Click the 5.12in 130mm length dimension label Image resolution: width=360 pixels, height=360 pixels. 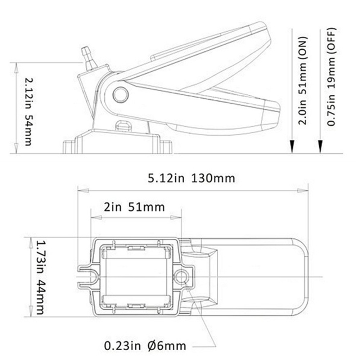click(x=191, y=178)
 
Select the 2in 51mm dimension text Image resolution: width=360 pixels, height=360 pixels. click(x=134, y=207)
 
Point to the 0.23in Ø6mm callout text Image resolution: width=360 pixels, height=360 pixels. click(x=145, y=346)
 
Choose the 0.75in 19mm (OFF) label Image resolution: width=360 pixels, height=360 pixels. click(x=332, y=77)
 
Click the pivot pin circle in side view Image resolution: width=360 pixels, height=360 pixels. click(x=121, y=95)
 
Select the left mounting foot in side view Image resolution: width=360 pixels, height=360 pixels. click(x=69, y=147)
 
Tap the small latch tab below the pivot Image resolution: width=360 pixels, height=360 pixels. click(x=123, y=126)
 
